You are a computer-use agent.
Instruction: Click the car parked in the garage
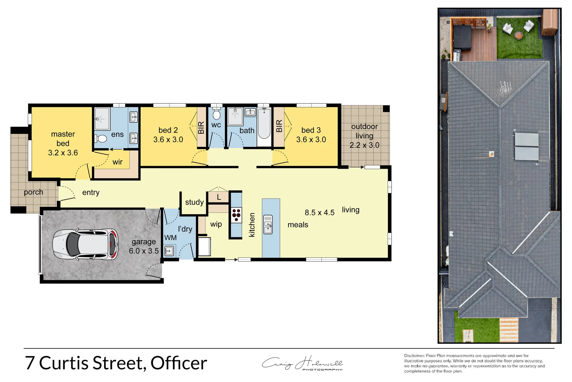point(85,244)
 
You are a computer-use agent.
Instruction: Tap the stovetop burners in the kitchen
point(236,215)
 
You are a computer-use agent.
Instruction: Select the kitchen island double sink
point(268,224)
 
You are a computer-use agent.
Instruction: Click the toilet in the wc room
point(216,114)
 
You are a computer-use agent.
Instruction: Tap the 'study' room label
point(194,202)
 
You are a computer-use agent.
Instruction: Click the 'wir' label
point(117,162)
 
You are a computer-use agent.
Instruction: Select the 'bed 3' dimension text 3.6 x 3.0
point(311,140)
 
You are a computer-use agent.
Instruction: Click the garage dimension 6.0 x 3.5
point(144,251)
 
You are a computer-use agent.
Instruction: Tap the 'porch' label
point(34,192)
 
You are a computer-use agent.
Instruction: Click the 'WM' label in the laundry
point(170,238)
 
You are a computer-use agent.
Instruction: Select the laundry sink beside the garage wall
point(169,251)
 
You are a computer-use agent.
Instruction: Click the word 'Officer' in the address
point(179,363)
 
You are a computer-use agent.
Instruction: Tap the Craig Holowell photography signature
point(302,364)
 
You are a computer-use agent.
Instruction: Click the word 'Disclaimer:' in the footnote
point(414,356)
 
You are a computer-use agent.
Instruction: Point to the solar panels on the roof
point(526,146)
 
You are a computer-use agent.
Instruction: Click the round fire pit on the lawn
point(518,35)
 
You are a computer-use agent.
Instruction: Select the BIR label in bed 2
point(201,127)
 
